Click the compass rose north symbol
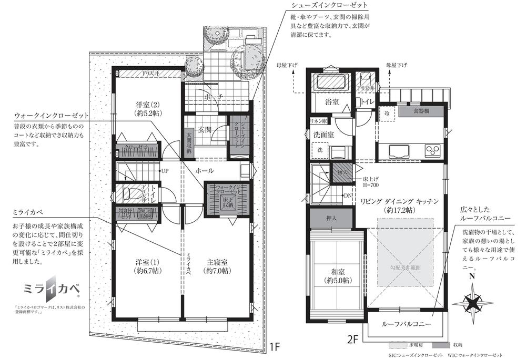tap(472, 301)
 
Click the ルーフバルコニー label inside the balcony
tap(407, 324)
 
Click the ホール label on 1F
tap(204, 171)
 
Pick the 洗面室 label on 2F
tap(322, 133)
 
